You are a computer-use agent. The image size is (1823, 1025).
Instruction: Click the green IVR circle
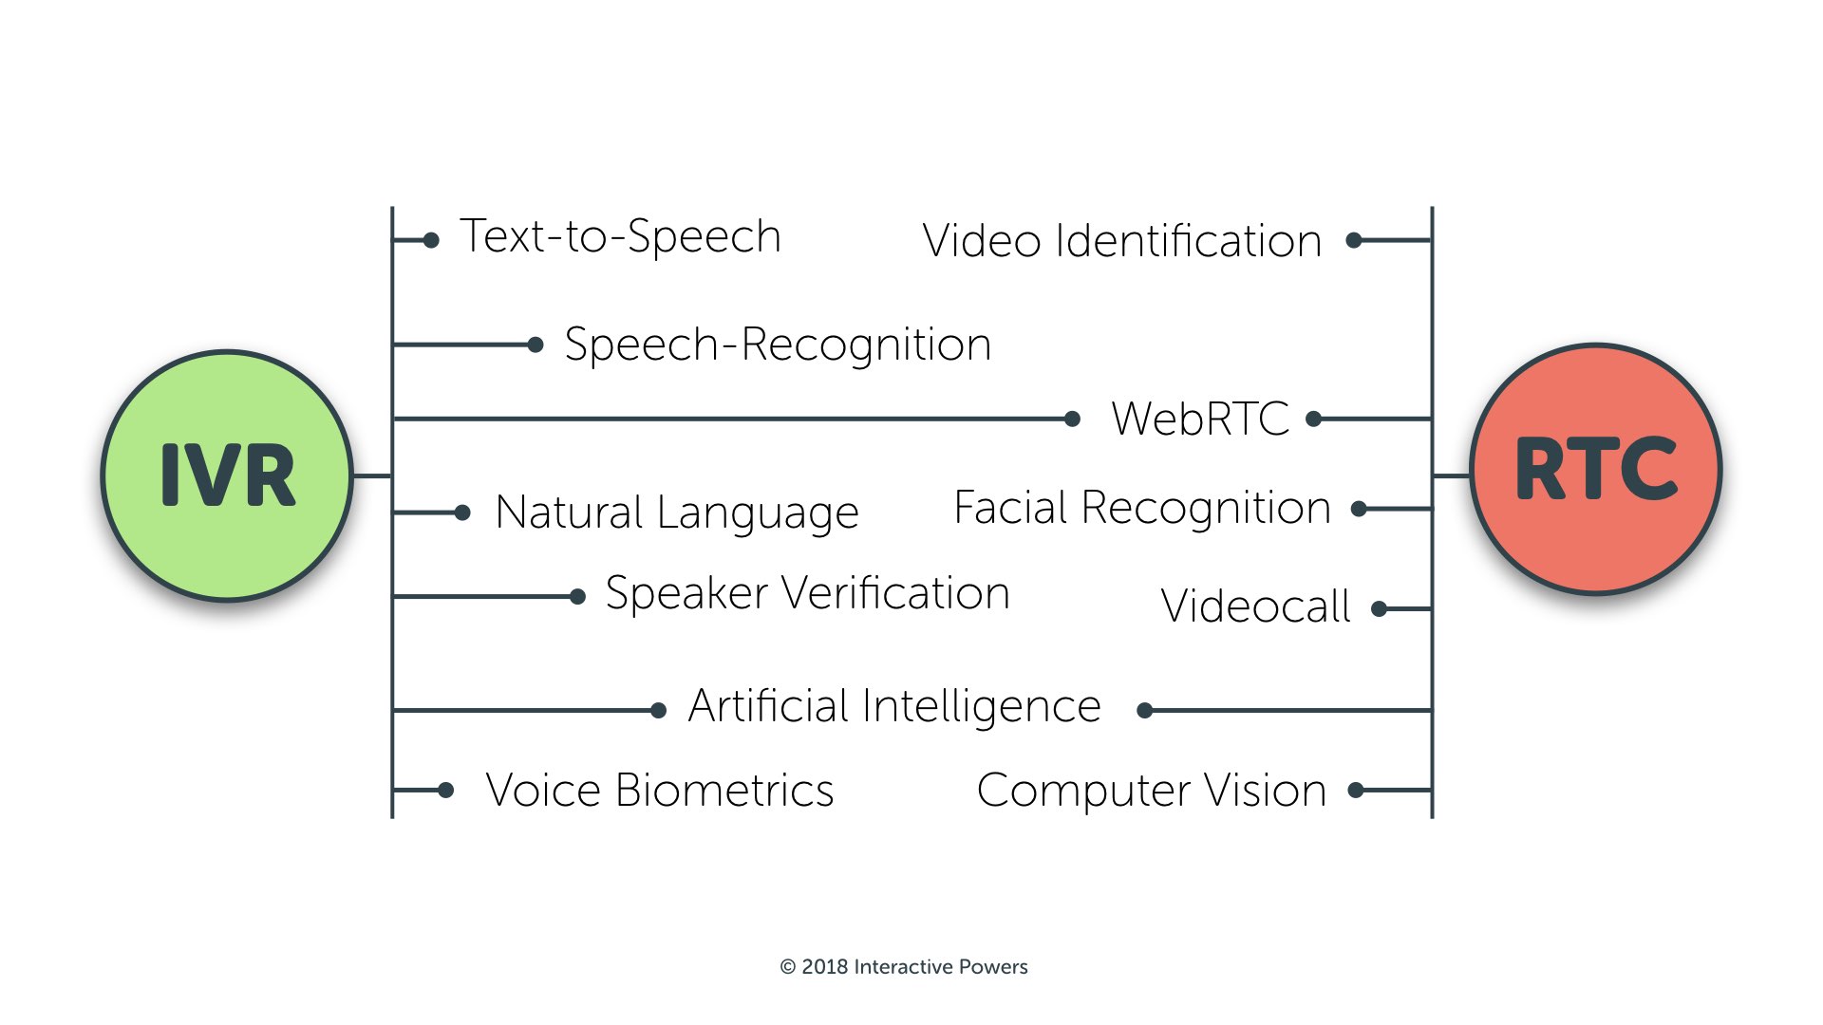[x=228, y=475]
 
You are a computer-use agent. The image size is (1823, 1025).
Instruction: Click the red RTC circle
[x=1596, y=469]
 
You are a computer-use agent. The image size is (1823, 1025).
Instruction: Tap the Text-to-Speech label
[x=620, y=236]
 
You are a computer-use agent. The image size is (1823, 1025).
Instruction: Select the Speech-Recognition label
[x=778, y=345]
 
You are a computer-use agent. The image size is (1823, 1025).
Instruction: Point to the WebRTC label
[x=1200, y=419]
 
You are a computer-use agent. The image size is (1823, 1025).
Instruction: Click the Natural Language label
[x=677, y=512]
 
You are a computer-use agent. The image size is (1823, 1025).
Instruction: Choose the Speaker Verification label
[x=807, y=594]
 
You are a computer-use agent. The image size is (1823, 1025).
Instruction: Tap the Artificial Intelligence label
[x=894, y=707]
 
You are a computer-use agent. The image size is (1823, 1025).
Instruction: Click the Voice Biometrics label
[x=660, y=791]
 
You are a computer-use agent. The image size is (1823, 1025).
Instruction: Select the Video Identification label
[x=1122, y=241]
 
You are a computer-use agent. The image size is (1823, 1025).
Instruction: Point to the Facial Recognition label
[x=1142, y=509]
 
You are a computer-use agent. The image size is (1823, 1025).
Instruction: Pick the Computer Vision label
[x=1151, y=791]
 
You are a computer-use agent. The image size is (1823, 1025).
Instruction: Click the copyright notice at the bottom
[x=904, y=967]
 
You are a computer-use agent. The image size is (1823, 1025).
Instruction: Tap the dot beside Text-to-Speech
[x=431, y=240]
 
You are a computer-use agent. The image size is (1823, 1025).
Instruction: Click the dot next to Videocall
[x=1380, y=609]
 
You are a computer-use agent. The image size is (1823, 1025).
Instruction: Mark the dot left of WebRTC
[x=1072, y=419]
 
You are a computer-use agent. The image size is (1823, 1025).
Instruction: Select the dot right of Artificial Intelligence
[x=1144, y=710]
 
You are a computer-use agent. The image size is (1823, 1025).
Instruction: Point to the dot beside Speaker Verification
[x=577, y=597]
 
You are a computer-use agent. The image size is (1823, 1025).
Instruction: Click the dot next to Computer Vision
[x=1356, y=790]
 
